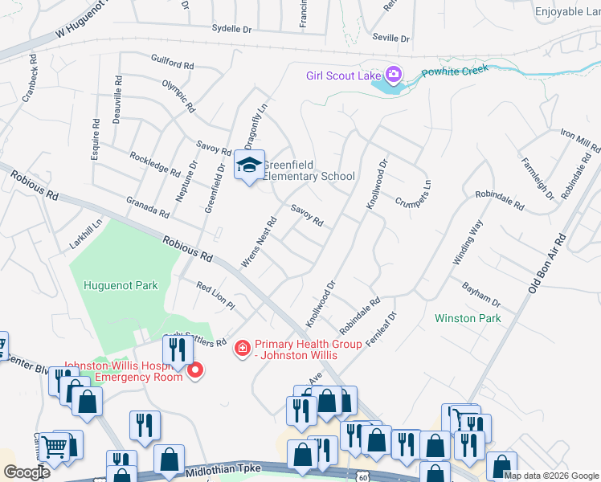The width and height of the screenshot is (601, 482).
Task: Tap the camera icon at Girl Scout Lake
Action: point(394,76)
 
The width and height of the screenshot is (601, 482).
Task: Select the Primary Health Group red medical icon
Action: point(241,348)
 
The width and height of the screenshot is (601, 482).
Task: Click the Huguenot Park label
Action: point(120,285)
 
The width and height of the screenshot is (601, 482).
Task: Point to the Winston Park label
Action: point(468,318)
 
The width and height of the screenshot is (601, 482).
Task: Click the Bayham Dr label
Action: point(480,294)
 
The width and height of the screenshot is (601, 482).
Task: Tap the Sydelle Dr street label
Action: point(231,27)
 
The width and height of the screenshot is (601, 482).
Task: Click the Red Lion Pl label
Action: point(215,295)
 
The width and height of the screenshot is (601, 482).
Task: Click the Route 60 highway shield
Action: point(363,477)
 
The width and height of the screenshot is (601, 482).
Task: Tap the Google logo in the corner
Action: point(27,472)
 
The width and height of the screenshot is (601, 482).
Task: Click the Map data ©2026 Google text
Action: point(550,476)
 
